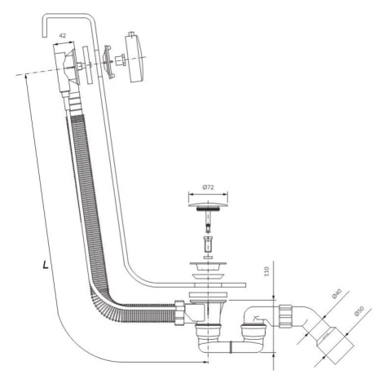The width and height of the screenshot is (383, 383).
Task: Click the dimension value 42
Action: [63, 35]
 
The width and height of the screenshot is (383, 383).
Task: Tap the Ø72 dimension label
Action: [208, 187]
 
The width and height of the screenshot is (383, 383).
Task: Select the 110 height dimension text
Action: [266, 271]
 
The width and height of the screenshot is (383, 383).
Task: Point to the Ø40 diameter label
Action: [336, 295]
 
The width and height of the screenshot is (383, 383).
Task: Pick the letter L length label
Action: [46, 265]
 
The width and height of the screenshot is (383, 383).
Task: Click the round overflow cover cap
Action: [136, 58]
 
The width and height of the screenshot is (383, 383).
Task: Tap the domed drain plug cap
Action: [208, 205]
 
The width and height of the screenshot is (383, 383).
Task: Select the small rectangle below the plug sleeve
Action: [208, 257]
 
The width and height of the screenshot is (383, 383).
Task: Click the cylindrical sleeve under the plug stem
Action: [208, 244]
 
